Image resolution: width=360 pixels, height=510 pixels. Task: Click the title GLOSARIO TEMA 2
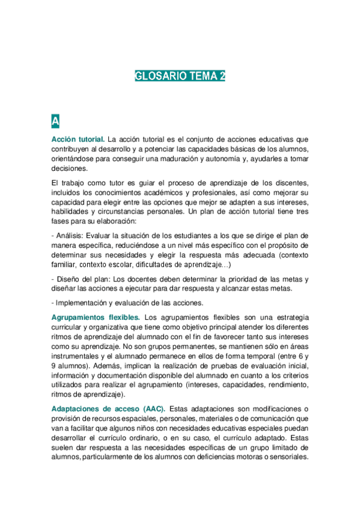point(180,76)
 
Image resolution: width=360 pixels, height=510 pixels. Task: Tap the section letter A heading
point(55,121)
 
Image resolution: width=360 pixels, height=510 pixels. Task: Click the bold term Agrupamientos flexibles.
point(96,317)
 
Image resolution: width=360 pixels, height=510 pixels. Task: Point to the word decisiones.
point(70,169)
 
